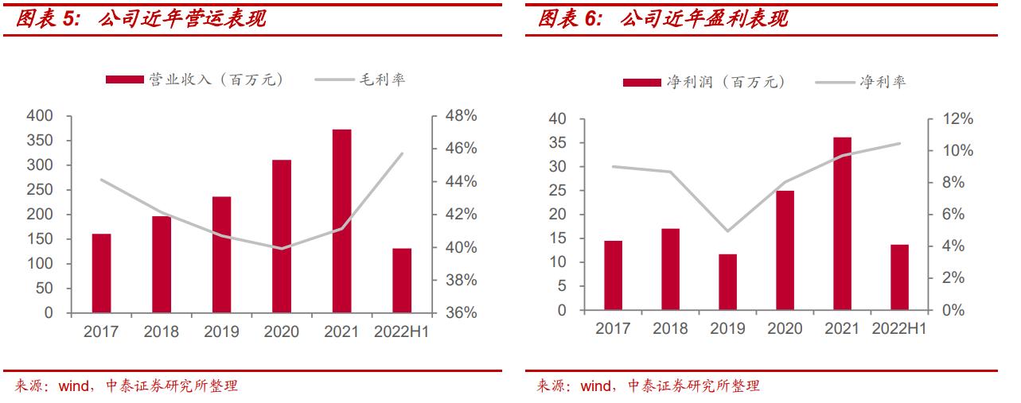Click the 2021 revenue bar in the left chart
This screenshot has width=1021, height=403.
[341, 221]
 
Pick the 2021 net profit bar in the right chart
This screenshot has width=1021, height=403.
[842, 223]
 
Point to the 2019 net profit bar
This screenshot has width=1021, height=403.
[727, 282]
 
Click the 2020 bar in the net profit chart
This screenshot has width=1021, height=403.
[785, 250]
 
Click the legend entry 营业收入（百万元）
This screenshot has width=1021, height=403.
[194, 79]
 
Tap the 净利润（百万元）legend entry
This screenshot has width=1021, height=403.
[703, 82]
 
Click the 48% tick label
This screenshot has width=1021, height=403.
[460, 116]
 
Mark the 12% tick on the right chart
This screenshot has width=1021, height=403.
[957, 119]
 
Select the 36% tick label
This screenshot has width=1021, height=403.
[460, 313]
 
